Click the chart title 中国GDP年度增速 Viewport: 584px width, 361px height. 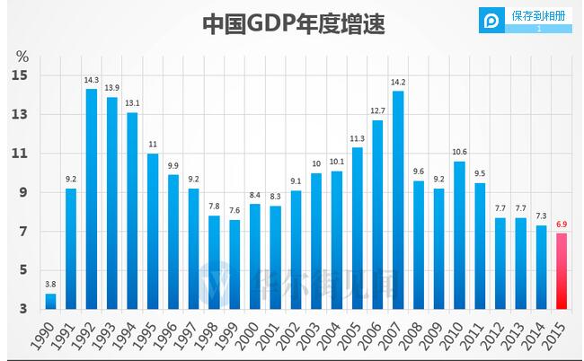coord(293,23)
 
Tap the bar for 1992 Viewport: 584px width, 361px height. coord(92,198)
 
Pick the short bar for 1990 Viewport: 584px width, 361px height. coord(50,301)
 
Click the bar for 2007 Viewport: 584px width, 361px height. coord(398,199)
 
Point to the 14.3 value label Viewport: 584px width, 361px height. coord(92,81)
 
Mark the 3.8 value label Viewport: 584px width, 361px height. coord(50,286)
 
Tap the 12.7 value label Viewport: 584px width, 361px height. coord(377,111)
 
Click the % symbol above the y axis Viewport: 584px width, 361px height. coord(22,56)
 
